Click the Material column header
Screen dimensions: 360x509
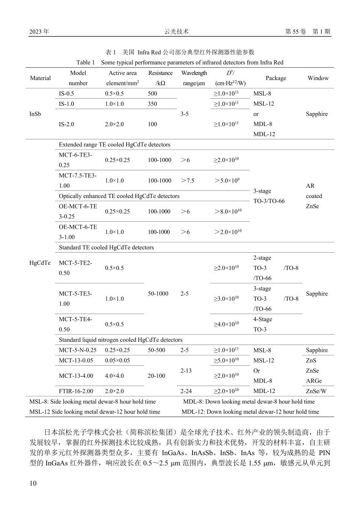[40, 78]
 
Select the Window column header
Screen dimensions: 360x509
[318, 78]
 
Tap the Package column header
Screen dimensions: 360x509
[275, 78]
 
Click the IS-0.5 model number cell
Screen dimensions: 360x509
[66, 94]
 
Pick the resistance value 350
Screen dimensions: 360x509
[152, 104]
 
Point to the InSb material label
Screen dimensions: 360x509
[35, 114]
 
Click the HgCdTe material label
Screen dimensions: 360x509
[40, 263]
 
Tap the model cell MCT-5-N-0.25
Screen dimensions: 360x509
[78, 350]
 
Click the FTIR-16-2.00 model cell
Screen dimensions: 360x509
[76, 391]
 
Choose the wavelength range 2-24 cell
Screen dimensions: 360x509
[186, 391]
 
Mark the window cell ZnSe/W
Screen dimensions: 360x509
[316, 391]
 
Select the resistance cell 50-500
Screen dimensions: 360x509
[157, 350]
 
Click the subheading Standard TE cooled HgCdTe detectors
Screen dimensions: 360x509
[106, 248]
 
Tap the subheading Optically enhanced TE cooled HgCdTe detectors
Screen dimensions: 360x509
[119, 196]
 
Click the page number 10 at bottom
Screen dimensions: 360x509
[33, 483]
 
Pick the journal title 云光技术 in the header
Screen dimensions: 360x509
[176, 32]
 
